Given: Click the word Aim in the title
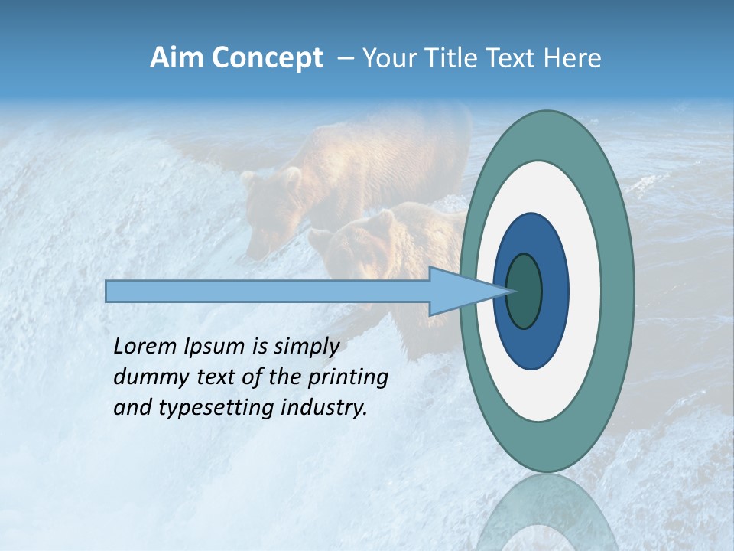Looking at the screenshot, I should click(176, 58).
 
